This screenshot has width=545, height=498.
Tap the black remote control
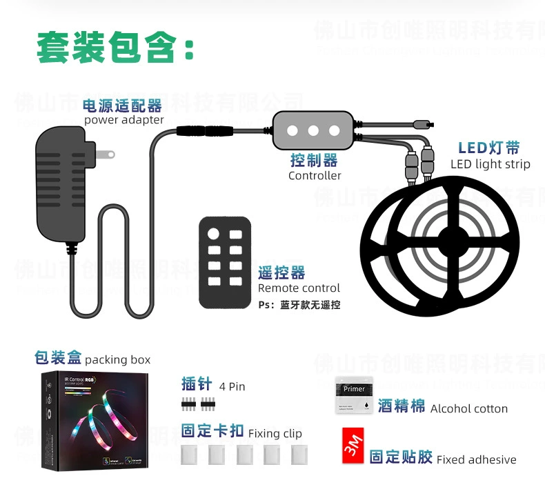[x=225, y=262]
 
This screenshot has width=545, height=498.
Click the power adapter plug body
[x=63, y=183]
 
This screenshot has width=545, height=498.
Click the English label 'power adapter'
[x=124, y=120]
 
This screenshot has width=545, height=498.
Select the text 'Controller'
[x=315, y=176]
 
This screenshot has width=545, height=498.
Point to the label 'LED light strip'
[x=490, y=164]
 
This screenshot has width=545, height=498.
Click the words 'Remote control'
[x=299, y=288]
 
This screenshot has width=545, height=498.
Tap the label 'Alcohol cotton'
[x=469, y=409]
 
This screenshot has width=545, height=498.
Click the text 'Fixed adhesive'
[x=476, y=459]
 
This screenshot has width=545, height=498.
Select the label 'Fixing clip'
[x=275, y=434]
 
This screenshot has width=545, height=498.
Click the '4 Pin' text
[x=232, y=386]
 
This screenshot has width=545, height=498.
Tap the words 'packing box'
[x=117, y=360]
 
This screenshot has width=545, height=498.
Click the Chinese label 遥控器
[x=281, y=272]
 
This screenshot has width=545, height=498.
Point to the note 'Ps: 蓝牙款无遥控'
[x=299, y=305]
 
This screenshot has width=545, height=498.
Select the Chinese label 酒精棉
[x=402, y=406]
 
